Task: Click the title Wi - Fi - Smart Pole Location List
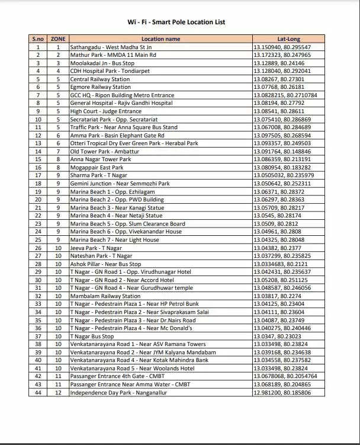(176, 23)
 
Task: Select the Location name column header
(160, 39)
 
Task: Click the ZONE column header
(58, 39)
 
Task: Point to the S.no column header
(38, 39)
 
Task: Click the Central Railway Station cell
(100, 79)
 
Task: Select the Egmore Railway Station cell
(100, 87)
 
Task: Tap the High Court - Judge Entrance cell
(106, 111)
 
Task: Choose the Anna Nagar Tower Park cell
(101, 159)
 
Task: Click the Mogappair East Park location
(97, 168)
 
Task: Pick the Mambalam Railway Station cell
(105, 296)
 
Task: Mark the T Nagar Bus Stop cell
(92, 336)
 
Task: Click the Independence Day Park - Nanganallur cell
(118, 392)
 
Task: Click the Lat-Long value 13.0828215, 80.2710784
(285, 95)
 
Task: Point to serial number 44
(38, 392)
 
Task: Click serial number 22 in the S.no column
(38, 216)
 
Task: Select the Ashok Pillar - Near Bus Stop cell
(106, 264)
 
